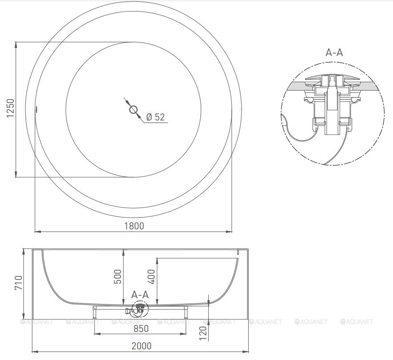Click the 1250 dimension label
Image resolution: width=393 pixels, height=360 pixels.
[10, 108]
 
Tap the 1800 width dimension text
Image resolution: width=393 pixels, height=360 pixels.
[135, 226]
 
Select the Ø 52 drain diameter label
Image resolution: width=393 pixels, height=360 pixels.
[155, 117]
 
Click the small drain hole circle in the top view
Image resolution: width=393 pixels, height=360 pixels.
[133, 109]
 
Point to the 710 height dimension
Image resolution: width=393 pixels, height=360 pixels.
[19, 283]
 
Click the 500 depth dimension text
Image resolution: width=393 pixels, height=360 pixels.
[118, 277]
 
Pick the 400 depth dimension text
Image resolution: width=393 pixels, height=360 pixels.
[151, 277]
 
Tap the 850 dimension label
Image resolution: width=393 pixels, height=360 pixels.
[141, 328]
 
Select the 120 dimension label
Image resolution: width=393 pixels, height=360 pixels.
[203, 333]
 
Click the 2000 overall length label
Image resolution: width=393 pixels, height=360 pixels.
[142, 346]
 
